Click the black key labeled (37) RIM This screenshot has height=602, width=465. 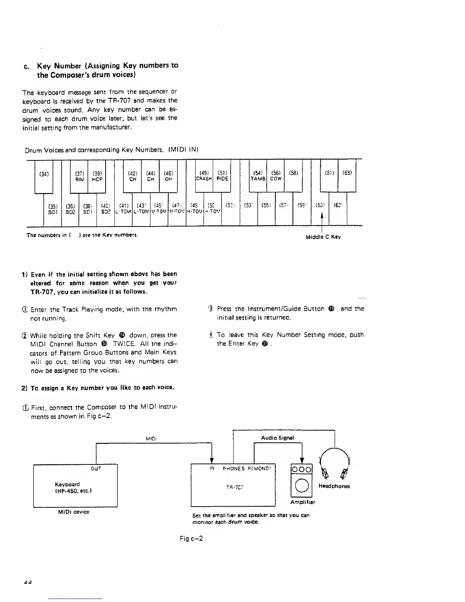coord(79,176)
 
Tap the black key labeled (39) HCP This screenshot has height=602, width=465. coord(97,176)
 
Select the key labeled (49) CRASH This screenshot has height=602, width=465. coord(203,176)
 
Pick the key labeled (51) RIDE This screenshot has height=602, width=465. coord(222,176)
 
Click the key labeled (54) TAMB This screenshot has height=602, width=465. coord(258,176)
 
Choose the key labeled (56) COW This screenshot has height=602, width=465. coord(276,176)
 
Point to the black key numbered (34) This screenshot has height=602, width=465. coord(44,176)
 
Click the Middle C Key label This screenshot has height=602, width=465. coord(323,237)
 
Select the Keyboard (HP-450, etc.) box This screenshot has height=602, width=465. coord(75,486)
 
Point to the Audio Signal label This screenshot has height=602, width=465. coord(277,438)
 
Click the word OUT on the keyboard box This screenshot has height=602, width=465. coord(96,469)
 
